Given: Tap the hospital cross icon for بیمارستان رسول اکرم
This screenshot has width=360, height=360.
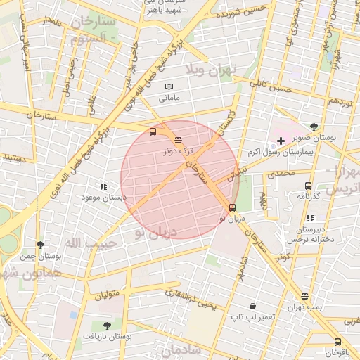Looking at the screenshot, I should (281, 141).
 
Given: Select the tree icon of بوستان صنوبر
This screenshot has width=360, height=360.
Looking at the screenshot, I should (314, 127).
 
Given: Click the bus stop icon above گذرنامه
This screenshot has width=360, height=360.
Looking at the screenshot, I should (308, 186).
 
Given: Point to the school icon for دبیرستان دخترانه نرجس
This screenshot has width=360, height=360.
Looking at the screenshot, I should (308, 219).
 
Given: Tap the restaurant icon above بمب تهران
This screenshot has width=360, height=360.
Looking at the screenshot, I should (304, 297).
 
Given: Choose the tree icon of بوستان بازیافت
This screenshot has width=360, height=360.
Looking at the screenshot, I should (107, 326).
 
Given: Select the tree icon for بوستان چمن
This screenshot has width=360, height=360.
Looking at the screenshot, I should (40, 245).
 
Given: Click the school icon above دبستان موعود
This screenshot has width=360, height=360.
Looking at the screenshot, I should (103, 187).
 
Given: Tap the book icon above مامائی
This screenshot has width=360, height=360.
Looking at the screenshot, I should (168, 86).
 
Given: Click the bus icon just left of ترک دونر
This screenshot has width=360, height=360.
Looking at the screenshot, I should (153, 131).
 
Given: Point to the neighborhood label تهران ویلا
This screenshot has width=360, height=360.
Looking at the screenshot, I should (212, 69).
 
